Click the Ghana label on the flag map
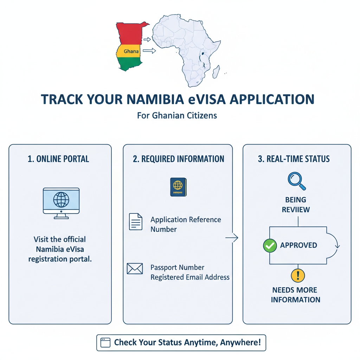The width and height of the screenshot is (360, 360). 131,51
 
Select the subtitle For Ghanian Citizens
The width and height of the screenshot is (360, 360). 177,115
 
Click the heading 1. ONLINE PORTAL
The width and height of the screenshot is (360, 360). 58,159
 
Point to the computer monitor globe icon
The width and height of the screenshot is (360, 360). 61,200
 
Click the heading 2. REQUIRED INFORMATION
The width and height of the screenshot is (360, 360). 179,159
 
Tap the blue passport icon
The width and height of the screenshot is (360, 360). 178,187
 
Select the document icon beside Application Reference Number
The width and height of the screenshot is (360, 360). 136,222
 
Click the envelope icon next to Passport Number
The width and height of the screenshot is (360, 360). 135,269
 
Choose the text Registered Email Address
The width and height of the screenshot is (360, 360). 190,277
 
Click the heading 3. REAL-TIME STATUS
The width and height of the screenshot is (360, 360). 294,159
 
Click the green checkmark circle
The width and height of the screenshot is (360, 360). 270,245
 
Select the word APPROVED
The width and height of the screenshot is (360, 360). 298,245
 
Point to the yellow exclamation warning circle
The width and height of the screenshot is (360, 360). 298,275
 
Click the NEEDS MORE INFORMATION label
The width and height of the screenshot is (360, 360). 296,295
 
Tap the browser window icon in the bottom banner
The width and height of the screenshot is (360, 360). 105,343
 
